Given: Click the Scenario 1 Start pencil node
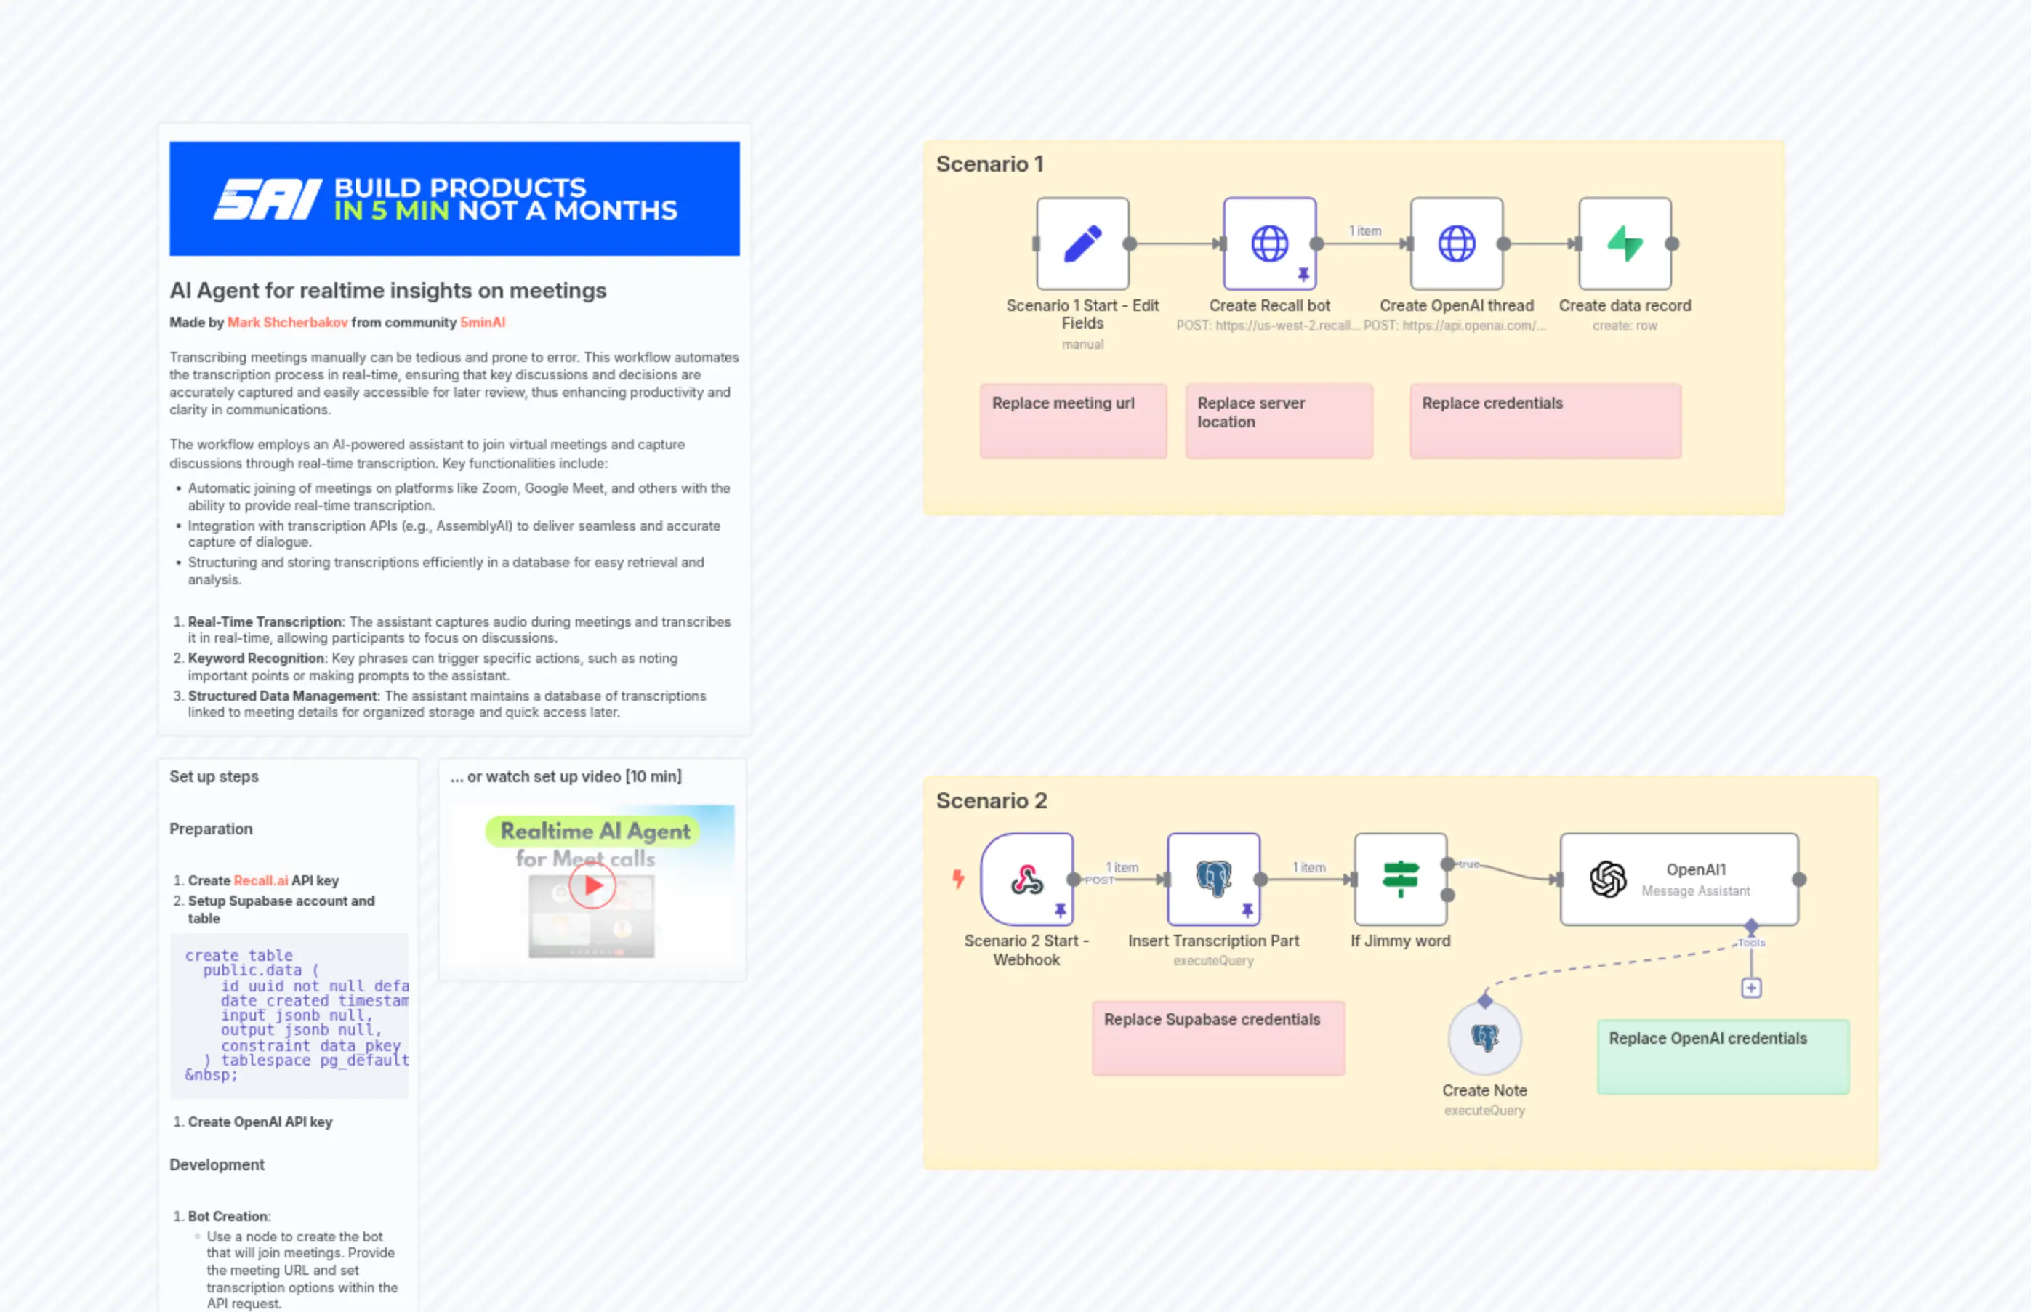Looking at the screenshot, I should [x=1082, y=244].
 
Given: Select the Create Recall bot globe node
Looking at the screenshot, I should [x=1269, y=244].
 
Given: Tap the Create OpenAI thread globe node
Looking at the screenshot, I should [x=1457, y=244].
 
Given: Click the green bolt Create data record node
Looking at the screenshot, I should [x=1625, y=244].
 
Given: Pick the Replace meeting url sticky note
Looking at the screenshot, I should [x=1073, y=421].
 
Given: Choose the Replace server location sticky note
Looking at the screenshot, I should [x=1278, y=421].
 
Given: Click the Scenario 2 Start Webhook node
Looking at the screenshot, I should [x=1026, y=880].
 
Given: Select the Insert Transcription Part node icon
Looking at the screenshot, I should [x=1213, y=880].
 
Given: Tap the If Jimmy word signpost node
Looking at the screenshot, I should [x=1401, y=880].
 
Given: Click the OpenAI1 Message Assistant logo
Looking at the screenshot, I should [x=1608, y=880].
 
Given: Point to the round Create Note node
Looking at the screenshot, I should [x=1484, y=1038].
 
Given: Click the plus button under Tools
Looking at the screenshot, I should [x=1750, y=989].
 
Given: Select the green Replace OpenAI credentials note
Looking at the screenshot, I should [x=1723, y=1056].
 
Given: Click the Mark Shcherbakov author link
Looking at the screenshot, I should [x=287, y=323].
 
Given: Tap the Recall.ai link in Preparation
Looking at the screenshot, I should [x=261, y=881].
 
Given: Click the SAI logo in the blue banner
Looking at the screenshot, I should [x=268, y=199].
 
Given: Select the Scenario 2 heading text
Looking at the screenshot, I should [x=992, y=801].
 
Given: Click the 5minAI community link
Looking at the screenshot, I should [x=482, y=323].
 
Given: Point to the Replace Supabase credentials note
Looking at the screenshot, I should [x=1218, y=1038].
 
